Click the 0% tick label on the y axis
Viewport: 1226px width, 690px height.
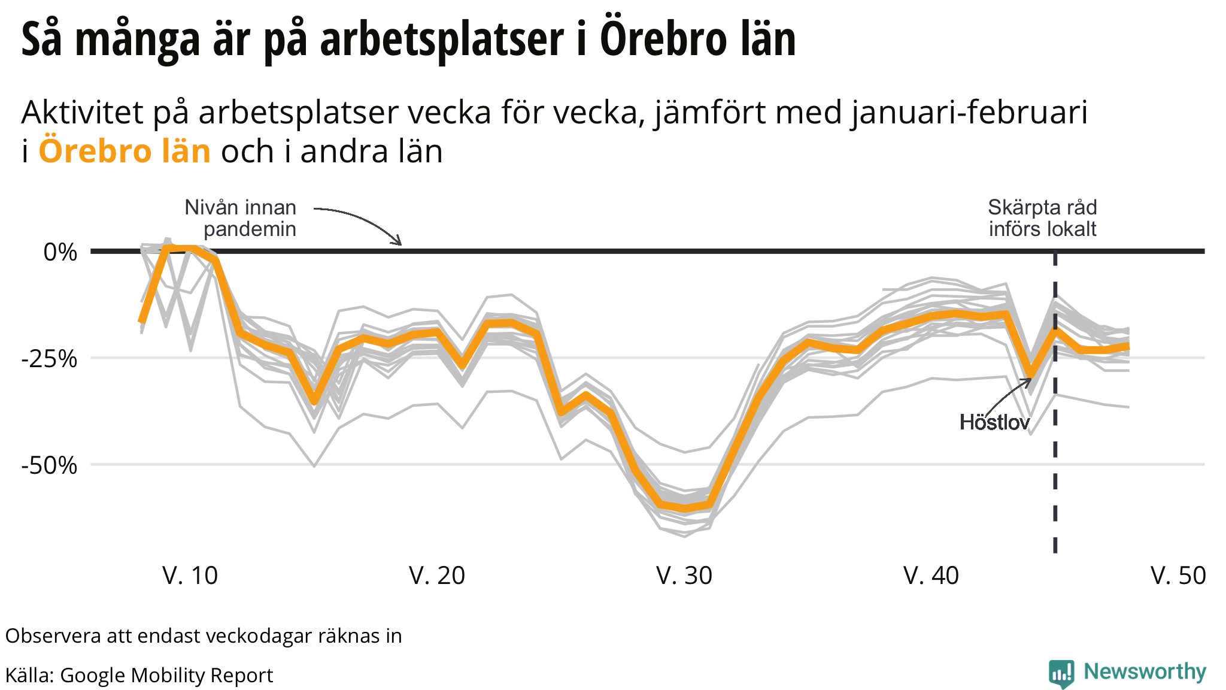[60, 252]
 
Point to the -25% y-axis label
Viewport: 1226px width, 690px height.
[50, 359]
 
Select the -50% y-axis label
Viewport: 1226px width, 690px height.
[50, 465]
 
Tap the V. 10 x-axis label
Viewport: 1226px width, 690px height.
[190, 576]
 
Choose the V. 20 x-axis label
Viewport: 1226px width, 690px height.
[437, 576]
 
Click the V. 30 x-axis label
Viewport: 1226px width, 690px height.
[684, 576]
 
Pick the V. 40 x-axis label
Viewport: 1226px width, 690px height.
[931, 576]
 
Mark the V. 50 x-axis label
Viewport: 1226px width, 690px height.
[1178, 576]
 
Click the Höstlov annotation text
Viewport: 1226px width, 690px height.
[994, 422]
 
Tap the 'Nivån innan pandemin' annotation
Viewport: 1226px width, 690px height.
[241, 218]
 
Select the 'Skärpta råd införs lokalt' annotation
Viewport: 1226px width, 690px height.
[1042, 218]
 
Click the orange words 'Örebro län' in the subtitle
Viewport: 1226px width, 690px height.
[125, 151]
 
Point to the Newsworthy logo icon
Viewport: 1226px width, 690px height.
[1061, 674]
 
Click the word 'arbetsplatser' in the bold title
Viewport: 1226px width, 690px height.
[442, 39]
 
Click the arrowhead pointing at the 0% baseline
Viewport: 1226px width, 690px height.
[399, 243]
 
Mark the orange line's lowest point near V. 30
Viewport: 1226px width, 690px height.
[685, 509]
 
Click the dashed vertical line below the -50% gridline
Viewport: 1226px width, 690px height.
[1055, 509]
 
